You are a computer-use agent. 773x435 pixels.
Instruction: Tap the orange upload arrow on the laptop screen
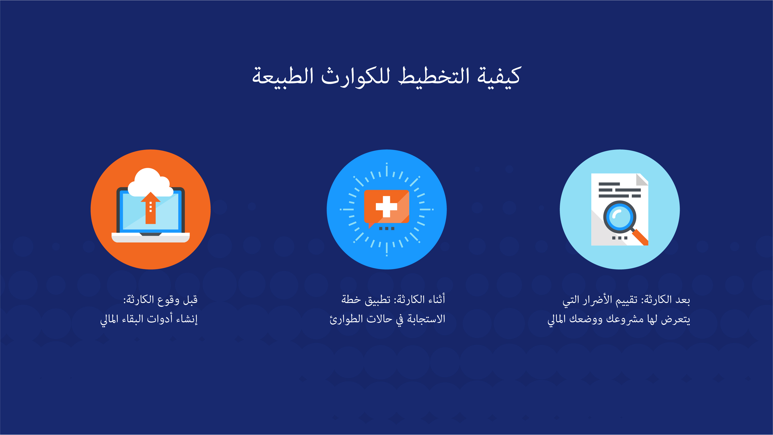(x=151, y=208)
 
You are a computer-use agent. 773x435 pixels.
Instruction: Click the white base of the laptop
(x=151, y=237)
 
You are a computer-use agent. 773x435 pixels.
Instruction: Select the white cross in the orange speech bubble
(x=386, y=206)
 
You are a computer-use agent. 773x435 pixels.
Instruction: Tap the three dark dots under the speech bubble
(x=386, y=229)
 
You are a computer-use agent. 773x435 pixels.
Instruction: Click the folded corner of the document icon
(x=642, y=179)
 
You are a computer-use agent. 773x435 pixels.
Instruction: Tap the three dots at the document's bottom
(x=620, y=238)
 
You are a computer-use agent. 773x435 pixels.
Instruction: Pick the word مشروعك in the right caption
(x=625, y=319)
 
